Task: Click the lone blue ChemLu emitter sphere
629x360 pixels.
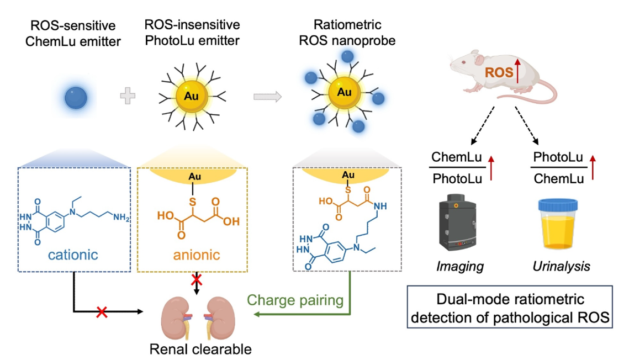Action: (76, 98)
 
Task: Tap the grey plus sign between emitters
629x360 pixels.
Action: (128, 97)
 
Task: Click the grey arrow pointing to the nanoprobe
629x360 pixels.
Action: (267, 97)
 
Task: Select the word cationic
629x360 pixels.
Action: (74, 255)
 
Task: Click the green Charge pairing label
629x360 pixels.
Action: (295, 300)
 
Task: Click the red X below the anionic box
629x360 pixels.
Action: (196, 280)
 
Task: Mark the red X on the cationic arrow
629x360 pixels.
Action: (102, 313)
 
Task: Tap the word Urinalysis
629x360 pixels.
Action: (561, 267)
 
